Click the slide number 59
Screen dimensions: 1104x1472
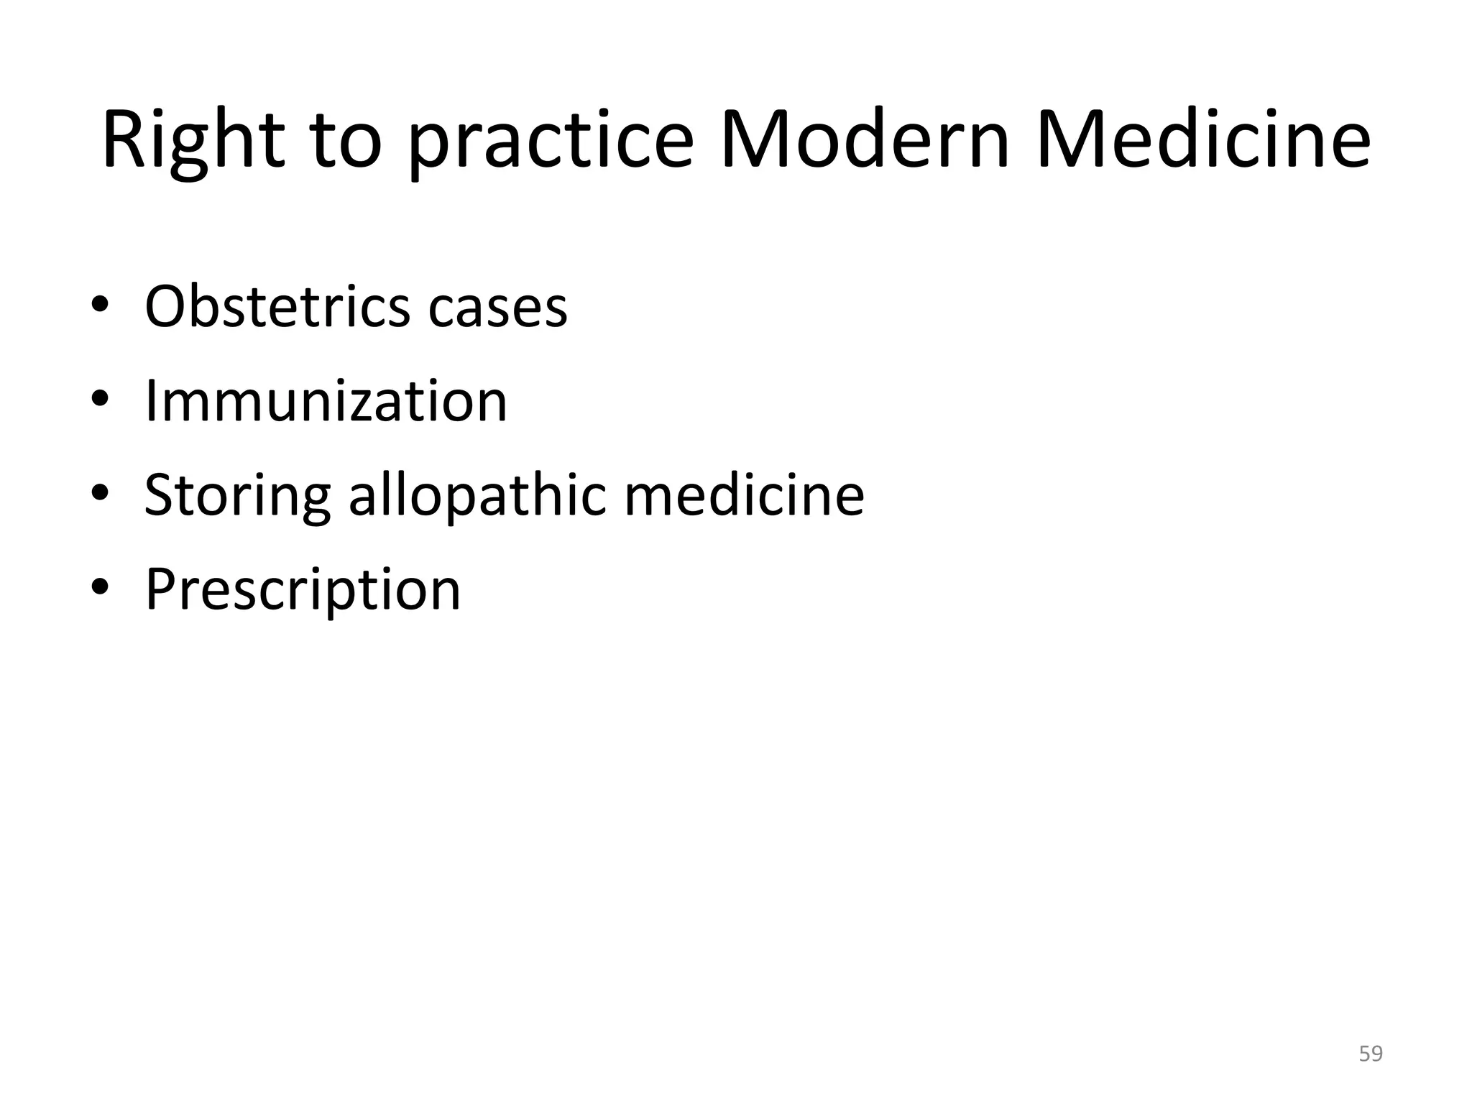tap(1371, 1054)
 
